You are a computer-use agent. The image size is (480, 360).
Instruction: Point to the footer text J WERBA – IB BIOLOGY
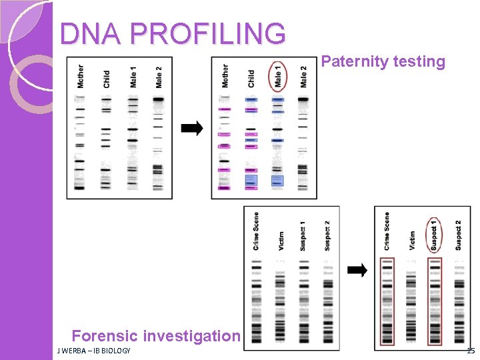point(94,351)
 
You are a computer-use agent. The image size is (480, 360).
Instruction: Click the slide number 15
point(471,351)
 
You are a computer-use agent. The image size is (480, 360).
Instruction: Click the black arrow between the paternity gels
point(193,129)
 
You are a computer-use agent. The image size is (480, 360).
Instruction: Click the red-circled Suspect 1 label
point(433,235)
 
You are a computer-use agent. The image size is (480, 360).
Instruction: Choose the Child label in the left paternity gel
point(107,79)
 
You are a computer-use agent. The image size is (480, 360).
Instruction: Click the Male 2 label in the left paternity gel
point(159,77)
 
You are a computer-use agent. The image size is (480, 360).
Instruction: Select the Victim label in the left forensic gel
point(281,240)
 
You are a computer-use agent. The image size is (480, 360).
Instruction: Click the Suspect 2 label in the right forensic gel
point(458,235)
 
